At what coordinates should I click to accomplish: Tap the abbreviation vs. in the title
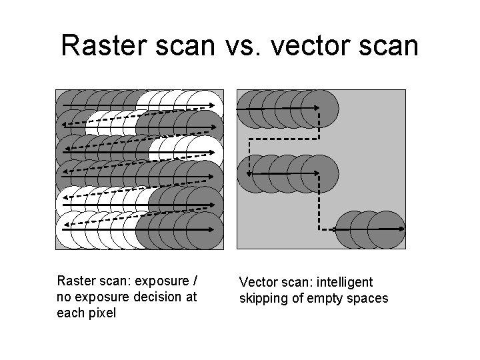pyautogui.click(x=242, y=45)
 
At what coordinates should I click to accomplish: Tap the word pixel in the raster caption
pyautogui.click(x=103, y=312)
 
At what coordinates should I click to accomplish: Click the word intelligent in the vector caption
pyautogui.click(x=339, y=283)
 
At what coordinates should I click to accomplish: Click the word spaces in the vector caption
pyautogui.click(x=368, y=298)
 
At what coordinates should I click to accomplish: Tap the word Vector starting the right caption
pyautogui.click(x=257, y=283)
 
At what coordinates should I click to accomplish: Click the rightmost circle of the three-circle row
pyautogui.click(x=386, y=229)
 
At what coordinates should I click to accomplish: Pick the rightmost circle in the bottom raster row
pyautogui.click(x=203, y=230)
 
